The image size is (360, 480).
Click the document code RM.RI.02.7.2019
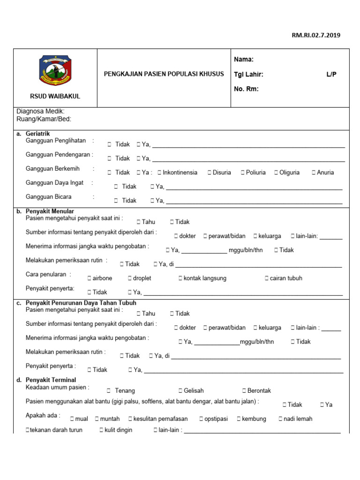(x=317, y=35)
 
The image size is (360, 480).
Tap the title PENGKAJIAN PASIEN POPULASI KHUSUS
(x=164, y=74)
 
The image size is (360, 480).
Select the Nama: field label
(x=243, y=60)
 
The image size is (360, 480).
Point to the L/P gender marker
(x=331, y=75)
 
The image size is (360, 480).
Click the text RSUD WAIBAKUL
(x=55, y=96)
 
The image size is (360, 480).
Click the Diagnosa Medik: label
(x=40, y=112)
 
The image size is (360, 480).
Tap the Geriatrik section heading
(x=38, y=134)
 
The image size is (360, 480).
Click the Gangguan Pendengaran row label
(x=59, y=154)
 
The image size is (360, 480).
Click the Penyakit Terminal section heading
(x=51, y=380)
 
